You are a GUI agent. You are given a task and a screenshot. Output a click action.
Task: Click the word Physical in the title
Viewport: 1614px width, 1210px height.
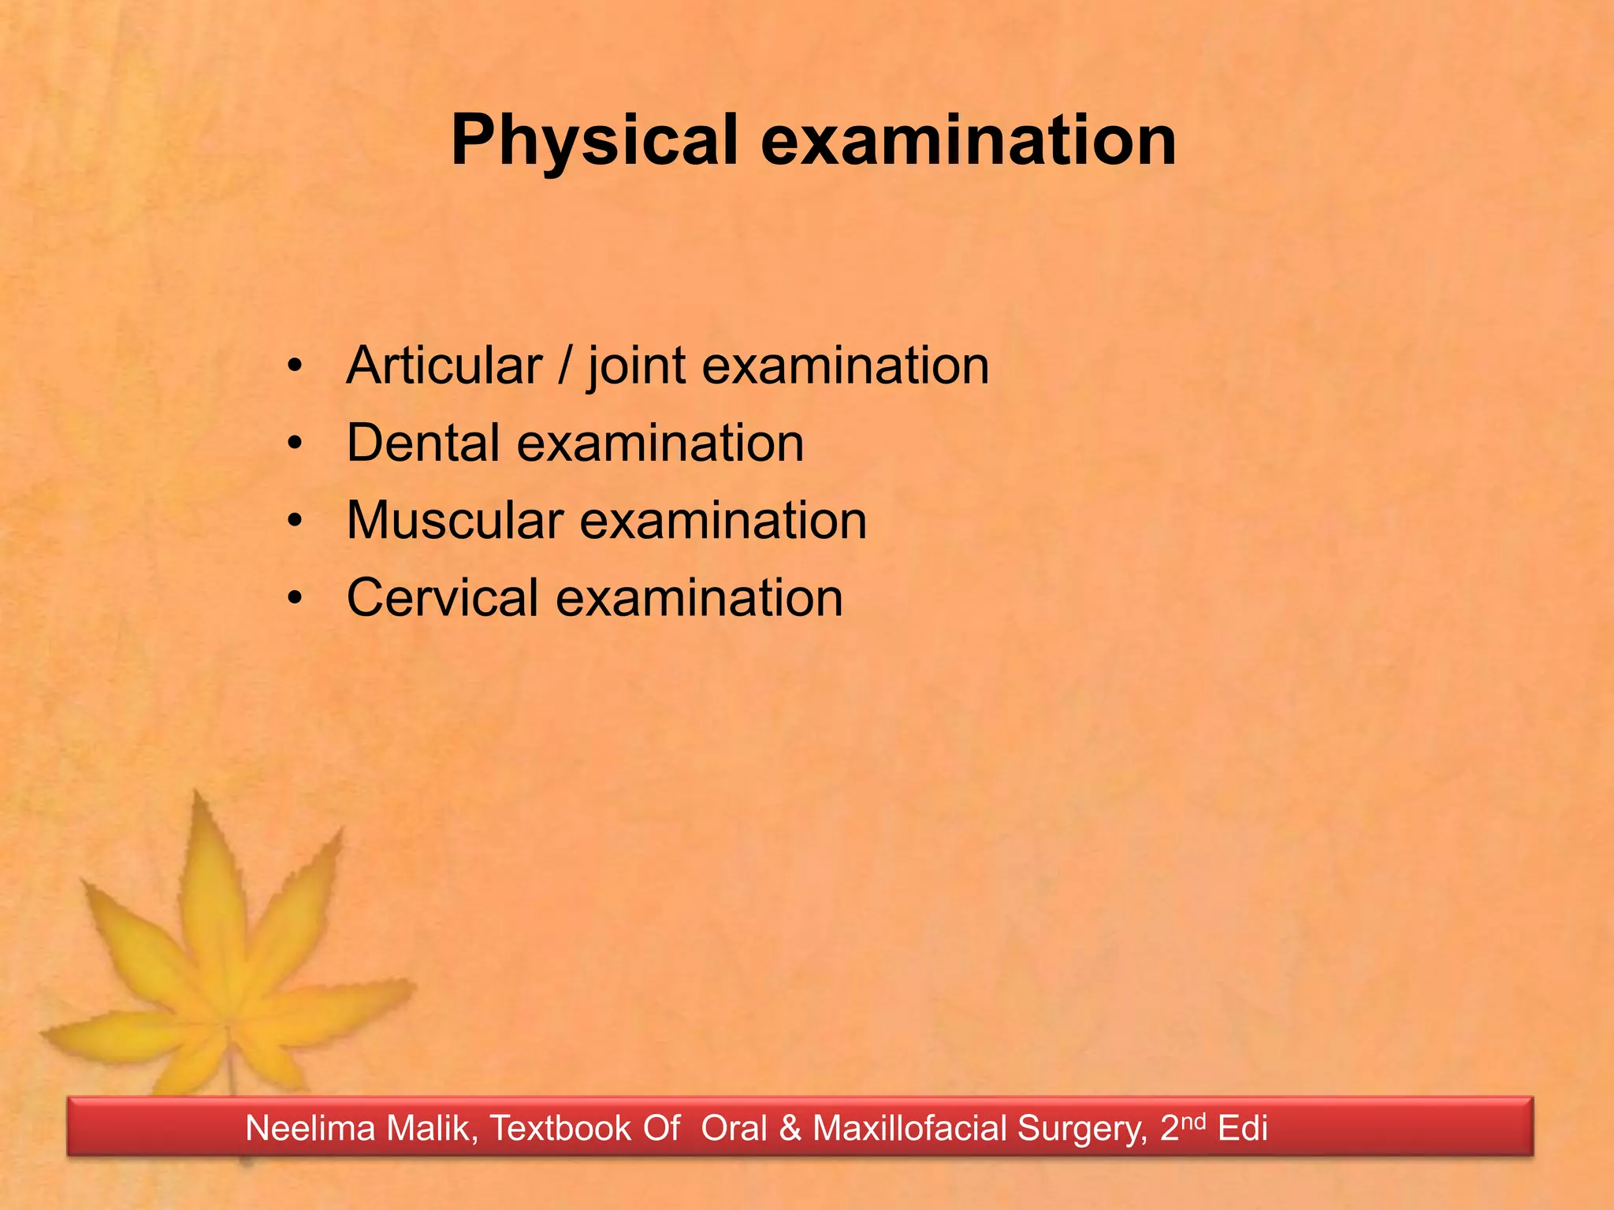tap(593, 142)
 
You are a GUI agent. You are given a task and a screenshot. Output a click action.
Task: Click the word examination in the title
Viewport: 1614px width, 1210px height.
tap(969, 142)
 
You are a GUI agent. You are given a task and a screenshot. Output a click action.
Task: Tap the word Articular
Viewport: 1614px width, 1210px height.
tap(444, 366)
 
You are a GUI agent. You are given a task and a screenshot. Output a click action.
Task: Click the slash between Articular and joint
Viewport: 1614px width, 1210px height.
tap(563, 366)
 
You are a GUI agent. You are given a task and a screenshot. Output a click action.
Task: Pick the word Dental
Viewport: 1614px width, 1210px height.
tap(422, 443)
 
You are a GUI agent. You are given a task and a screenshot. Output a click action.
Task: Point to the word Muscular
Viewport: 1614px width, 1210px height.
tap(454, 521)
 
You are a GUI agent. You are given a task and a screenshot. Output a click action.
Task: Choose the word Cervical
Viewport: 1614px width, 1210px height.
tap(442, 598)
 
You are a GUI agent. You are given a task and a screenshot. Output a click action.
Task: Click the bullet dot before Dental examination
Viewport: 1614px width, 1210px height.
tap(295, 444)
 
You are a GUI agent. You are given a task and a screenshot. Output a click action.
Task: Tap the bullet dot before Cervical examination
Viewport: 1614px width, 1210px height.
tap(295, 599)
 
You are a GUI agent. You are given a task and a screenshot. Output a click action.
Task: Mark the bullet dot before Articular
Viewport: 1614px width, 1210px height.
tap(295, 367)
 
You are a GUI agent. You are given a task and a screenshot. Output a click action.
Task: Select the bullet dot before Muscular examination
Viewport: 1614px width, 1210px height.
tap(295, 521)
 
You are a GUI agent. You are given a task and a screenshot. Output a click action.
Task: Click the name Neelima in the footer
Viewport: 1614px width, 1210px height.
tap(311, 1128)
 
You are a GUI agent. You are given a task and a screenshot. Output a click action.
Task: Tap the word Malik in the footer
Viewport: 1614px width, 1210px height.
tap(433, 1128)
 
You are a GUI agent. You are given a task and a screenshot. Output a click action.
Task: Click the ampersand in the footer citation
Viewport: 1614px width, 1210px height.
tap(789, 1129)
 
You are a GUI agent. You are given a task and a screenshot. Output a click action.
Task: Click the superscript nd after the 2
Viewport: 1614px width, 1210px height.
tap(1193, 1120)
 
